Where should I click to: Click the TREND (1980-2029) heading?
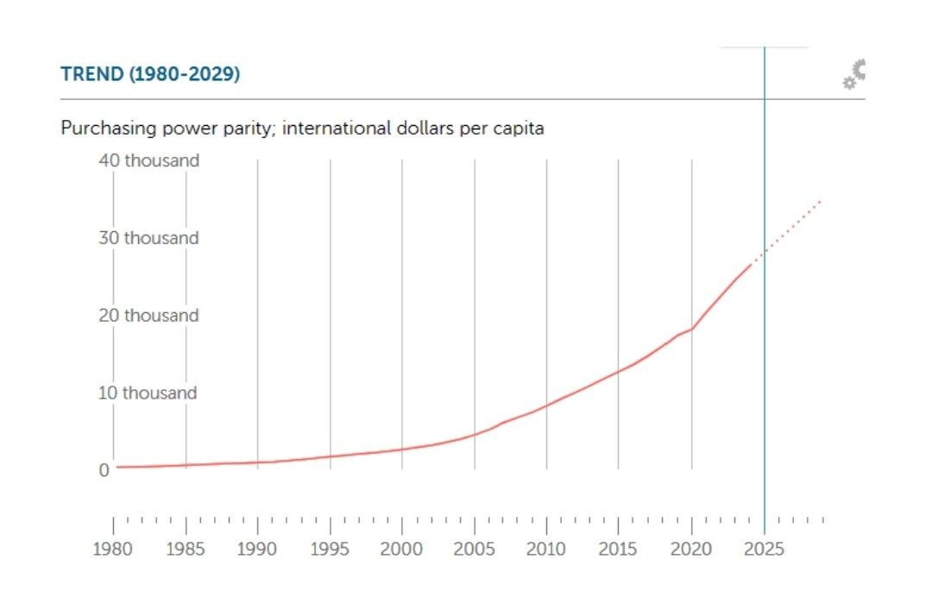click(x=150, y=74)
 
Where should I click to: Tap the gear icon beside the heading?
click(x=853, y=74)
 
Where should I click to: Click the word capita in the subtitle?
click(x=520, y=129)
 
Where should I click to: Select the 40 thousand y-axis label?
click(x=149, y=160)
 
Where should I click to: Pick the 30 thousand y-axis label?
click(x=149, y=238)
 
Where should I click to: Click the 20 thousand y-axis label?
click(x=149, y=316)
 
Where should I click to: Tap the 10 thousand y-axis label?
click(x=149, y=393)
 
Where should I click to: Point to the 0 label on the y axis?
click(x=104, y=470)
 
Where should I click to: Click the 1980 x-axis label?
click(x=113, y=550)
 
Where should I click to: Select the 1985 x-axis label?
click(x=186, y=550)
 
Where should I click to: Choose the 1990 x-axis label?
click(x=257, y=550)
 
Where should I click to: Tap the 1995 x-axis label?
click(x=330, y=550)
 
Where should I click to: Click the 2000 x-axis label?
click(x=401, y=550)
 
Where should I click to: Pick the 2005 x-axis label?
click(x=474, y=550)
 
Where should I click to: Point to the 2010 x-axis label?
click(x=546, y=550)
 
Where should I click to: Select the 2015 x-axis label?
click(x=618, y=550)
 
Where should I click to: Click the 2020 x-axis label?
click(x=690, y=550)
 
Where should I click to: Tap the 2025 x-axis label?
click(x=763, y=550)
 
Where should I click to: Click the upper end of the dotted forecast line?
click(x=821, y=201)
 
